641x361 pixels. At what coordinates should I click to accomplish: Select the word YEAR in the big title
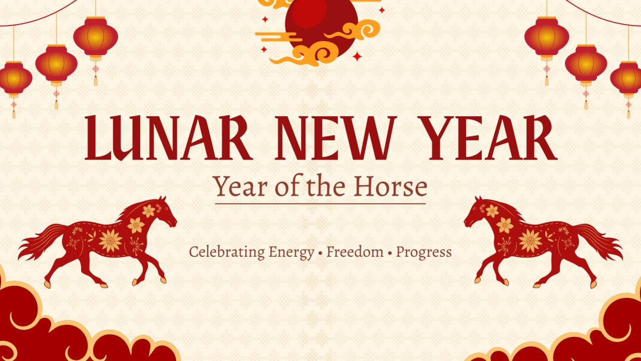pyautogui.click(x=490, y=138)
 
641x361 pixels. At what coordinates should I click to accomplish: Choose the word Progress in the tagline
pyautogui.click(x=424, y=252)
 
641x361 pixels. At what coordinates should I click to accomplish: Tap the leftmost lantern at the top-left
pyautogui.click(x=14, y=79)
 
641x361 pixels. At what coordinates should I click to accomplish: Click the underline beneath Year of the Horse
pyautogui.click(x=320, y=204)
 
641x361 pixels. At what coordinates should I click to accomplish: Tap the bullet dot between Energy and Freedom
pyautogui.click(x=320, y=253)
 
